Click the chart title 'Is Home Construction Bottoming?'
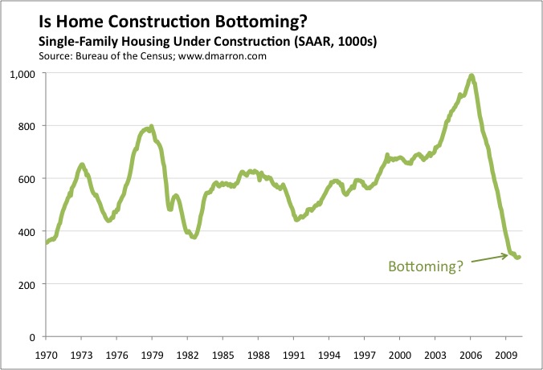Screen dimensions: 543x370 click(x=173, y=22)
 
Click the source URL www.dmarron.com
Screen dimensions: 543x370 click(x=223, y=56)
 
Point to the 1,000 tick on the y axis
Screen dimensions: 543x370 click(x=22, y=74)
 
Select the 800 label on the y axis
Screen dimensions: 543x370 click(x=27, y=126)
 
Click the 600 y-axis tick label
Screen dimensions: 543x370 click(x=27, y=179)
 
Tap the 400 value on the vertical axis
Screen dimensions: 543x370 click(x=27, y=232)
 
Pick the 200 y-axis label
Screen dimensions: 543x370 click(x=27, y=285)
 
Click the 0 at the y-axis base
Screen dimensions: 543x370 click(x=32, y=337)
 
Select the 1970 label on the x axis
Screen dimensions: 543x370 click(x=47, y=355)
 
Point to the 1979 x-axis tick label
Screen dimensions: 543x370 click(x=153, y=355)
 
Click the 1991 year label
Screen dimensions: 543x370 click(x=294, y=355)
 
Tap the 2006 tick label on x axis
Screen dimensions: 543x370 click(x=470, y=355)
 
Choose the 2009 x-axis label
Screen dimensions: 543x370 click(x=506, y=355)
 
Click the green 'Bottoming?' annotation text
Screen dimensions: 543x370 click(x=426, y=266)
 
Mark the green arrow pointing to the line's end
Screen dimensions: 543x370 click(x=489, y=258)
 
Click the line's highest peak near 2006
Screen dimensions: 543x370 click(x=472, y=75)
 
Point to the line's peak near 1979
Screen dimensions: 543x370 click(x=151, y=127)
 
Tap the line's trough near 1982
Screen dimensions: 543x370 click(x=194, y=237)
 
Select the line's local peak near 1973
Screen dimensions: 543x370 click(x=82, y=165)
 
